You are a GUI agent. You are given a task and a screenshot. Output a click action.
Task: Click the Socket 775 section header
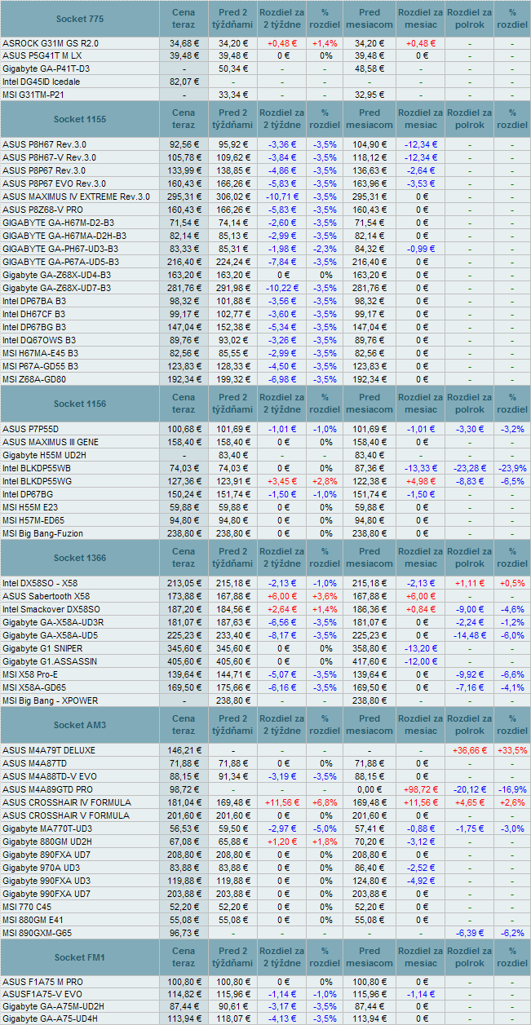coord(79,18)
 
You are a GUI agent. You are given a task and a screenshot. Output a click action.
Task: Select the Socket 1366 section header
coord(79,558)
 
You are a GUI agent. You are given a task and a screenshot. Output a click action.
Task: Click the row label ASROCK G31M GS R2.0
coord(51,42)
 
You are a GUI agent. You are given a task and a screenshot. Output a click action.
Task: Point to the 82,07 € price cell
coord(184,82)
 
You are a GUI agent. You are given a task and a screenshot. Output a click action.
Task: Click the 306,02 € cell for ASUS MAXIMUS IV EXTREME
coord(233,197)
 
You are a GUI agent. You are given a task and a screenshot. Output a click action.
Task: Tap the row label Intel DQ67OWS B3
coord(39,340)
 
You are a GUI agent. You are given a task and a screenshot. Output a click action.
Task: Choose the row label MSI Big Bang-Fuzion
coord(42,533)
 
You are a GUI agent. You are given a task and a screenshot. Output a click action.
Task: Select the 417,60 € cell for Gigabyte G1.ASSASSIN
coord(369,661)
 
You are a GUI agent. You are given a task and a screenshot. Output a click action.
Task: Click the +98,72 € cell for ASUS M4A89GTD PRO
coord(421,789)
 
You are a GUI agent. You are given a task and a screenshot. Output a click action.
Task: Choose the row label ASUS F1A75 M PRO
coord(42,981)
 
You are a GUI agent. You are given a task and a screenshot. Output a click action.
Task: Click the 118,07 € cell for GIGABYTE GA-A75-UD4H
coord(233,1018)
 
